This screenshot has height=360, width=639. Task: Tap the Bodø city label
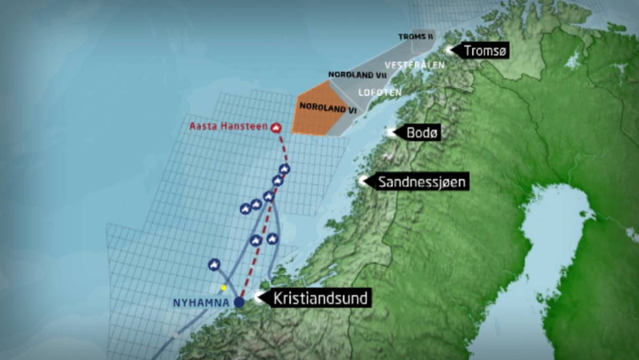(x=423, y=133)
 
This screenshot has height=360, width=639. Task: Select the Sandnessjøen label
(x=422, y=182)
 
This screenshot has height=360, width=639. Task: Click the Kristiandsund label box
(x=320, y=298)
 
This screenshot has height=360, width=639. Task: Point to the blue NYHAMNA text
(x=201, y=302)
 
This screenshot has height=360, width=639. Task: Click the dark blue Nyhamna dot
(x=239, y=302)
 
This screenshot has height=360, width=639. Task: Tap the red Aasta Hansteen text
(x=229, y=127)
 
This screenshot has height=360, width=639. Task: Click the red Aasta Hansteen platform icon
(x=275, y=127)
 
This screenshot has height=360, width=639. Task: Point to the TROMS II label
(x=416, y=37)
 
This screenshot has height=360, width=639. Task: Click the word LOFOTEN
(x=380, y=92)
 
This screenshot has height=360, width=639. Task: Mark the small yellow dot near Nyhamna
(x=224, y=288)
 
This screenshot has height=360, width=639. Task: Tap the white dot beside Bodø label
(x=392, y=133)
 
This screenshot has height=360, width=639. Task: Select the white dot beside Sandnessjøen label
(x=364, y=181)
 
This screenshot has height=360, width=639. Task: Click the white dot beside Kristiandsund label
(x=259, y=298)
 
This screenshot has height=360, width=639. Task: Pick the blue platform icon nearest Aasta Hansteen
(x=284, y=169)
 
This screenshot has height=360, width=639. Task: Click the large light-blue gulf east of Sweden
(x=554, y=234)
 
